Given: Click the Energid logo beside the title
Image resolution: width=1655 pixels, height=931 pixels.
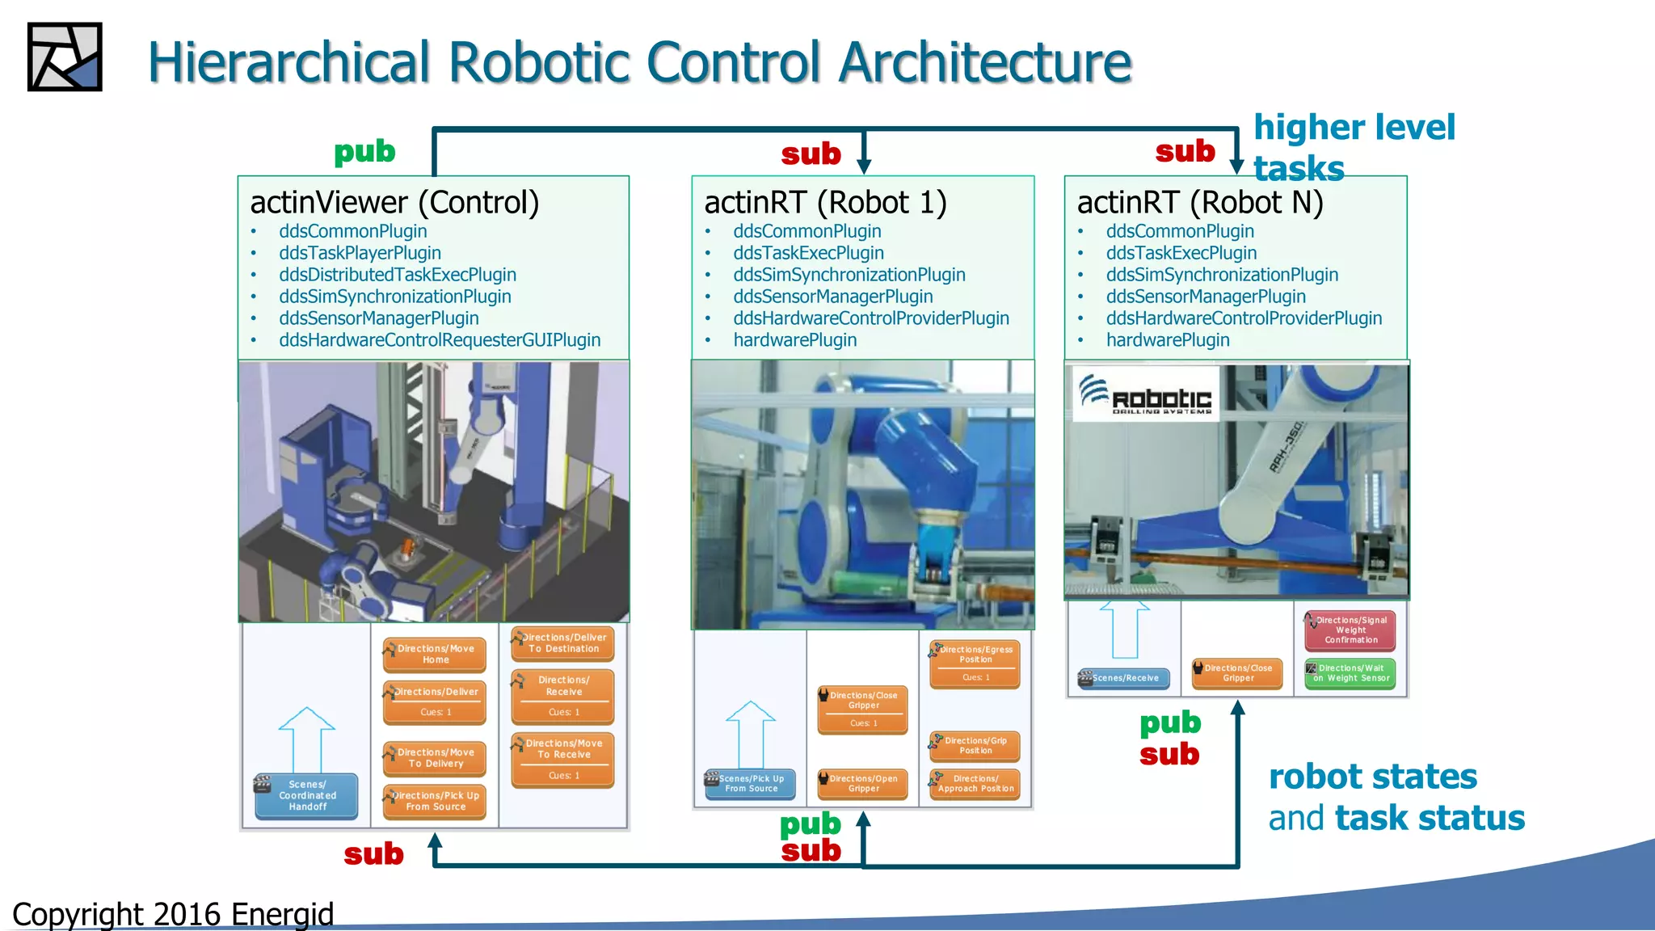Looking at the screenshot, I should pyautogui.click(x=65, y=57).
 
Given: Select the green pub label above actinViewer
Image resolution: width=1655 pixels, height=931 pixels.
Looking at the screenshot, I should pyautogui.click(x=364, y=151).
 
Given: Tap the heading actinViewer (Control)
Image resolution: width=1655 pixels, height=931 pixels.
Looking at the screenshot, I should pyautogui.click(x=394, y=202).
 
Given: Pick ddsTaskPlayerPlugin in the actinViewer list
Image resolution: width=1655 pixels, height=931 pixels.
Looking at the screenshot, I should pyautogui.click(x=360, y=253).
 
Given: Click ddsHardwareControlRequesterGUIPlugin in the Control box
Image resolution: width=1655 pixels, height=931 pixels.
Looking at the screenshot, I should pyautogui.click(x=440, y=340).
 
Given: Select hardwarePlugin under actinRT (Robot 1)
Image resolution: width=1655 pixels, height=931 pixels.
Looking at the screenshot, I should pyautogui.click(x=794, y=340).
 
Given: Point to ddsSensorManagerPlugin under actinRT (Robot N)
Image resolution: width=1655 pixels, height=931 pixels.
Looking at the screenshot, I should pyautogui.click(x=1205, y=297).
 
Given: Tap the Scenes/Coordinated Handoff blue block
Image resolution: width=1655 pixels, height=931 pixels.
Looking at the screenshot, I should pyautogui.click(x=307, y=795).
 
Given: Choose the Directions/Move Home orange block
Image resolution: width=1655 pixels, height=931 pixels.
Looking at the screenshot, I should pyautogui.click(x=435, y=654).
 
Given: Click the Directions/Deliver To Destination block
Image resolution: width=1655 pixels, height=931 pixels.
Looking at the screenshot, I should pyautogui.click(x=563, y=642).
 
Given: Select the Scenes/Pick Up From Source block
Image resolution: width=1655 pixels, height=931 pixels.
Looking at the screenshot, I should pyautogui.click(x=751, y=783).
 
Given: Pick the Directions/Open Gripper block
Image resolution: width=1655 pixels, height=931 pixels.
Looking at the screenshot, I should pyautogui.click(x=862, y=783).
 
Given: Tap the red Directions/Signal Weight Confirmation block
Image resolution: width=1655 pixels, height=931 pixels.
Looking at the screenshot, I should pyautogui.click(x=1350, y=630).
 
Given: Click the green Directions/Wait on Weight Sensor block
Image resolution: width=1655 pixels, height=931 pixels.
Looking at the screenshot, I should pyautogui.click(x=1350, y=673).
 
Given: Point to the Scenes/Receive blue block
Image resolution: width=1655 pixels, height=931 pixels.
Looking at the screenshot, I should pyautogui.click(x=1124, y=678).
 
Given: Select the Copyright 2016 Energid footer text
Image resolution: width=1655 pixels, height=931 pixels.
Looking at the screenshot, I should pyautogui.click(x=173, y=913).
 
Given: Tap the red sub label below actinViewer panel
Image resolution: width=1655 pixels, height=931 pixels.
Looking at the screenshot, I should pyautogui.click(x=373, y=853).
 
